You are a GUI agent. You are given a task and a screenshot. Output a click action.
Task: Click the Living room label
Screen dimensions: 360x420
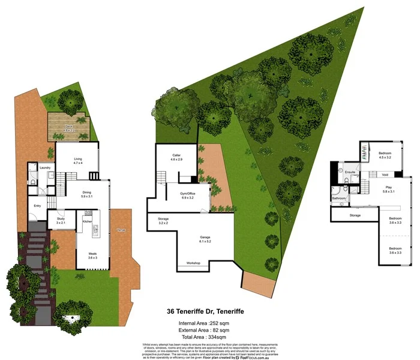tap(77, 161)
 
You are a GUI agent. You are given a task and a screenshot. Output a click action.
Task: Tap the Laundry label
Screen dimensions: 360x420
tap(45, 167)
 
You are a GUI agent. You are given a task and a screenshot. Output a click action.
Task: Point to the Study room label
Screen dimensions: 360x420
tap(61, 221)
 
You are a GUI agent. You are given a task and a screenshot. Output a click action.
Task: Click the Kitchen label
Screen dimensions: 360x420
tap(86, 221)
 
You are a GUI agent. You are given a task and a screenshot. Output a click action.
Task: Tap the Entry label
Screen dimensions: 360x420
tap(37, 206)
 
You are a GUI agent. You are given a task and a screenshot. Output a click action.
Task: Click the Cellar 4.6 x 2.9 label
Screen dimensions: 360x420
tap(175, 158)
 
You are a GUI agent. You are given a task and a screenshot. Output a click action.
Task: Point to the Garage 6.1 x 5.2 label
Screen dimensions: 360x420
tap(205, 239)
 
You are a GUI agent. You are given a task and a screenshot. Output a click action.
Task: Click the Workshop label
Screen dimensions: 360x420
tap(193, 263)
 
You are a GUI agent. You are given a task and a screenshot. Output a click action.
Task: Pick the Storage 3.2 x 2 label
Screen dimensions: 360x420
tap(163, 220)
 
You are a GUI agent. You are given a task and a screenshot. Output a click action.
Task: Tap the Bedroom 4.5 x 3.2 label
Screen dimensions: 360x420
tap(385, 155)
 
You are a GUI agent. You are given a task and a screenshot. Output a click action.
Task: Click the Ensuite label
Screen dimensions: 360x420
tap(352, 172)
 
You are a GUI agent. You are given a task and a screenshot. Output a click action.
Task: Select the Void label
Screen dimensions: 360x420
tap(385, 175)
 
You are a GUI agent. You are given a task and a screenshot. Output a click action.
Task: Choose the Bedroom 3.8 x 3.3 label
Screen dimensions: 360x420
tap(395, 220)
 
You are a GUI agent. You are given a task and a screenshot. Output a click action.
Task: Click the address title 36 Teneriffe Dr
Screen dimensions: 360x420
tap(205, 312)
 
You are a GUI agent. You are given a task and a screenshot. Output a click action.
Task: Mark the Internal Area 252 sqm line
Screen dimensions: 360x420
tap(205, 323)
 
